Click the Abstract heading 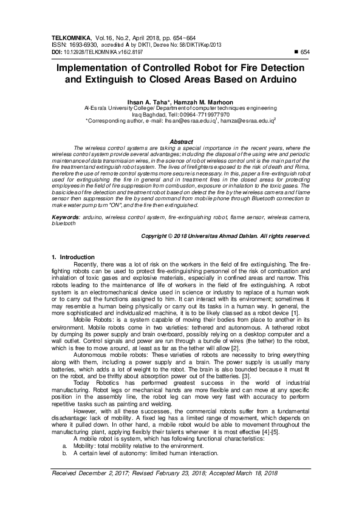point(181,141)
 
